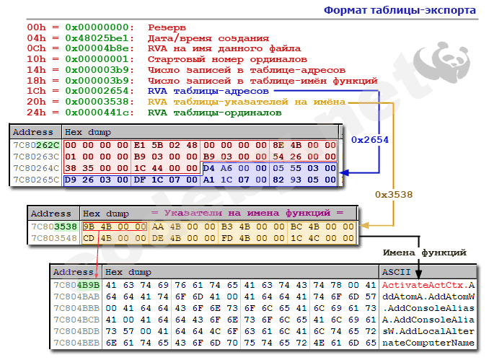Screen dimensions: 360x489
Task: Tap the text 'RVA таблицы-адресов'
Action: click(x=208, y=92)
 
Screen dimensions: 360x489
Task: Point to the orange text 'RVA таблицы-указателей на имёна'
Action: click(x=245, y=102)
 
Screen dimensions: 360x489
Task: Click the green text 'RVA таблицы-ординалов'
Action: click(x=214, y=113)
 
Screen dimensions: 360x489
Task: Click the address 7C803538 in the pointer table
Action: click(x=53, y=226)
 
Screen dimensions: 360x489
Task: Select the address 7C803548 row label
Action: click(x=53, y=237)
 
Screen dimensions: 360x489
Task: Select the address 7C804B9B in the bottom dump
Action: click(x=76, y=284)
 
